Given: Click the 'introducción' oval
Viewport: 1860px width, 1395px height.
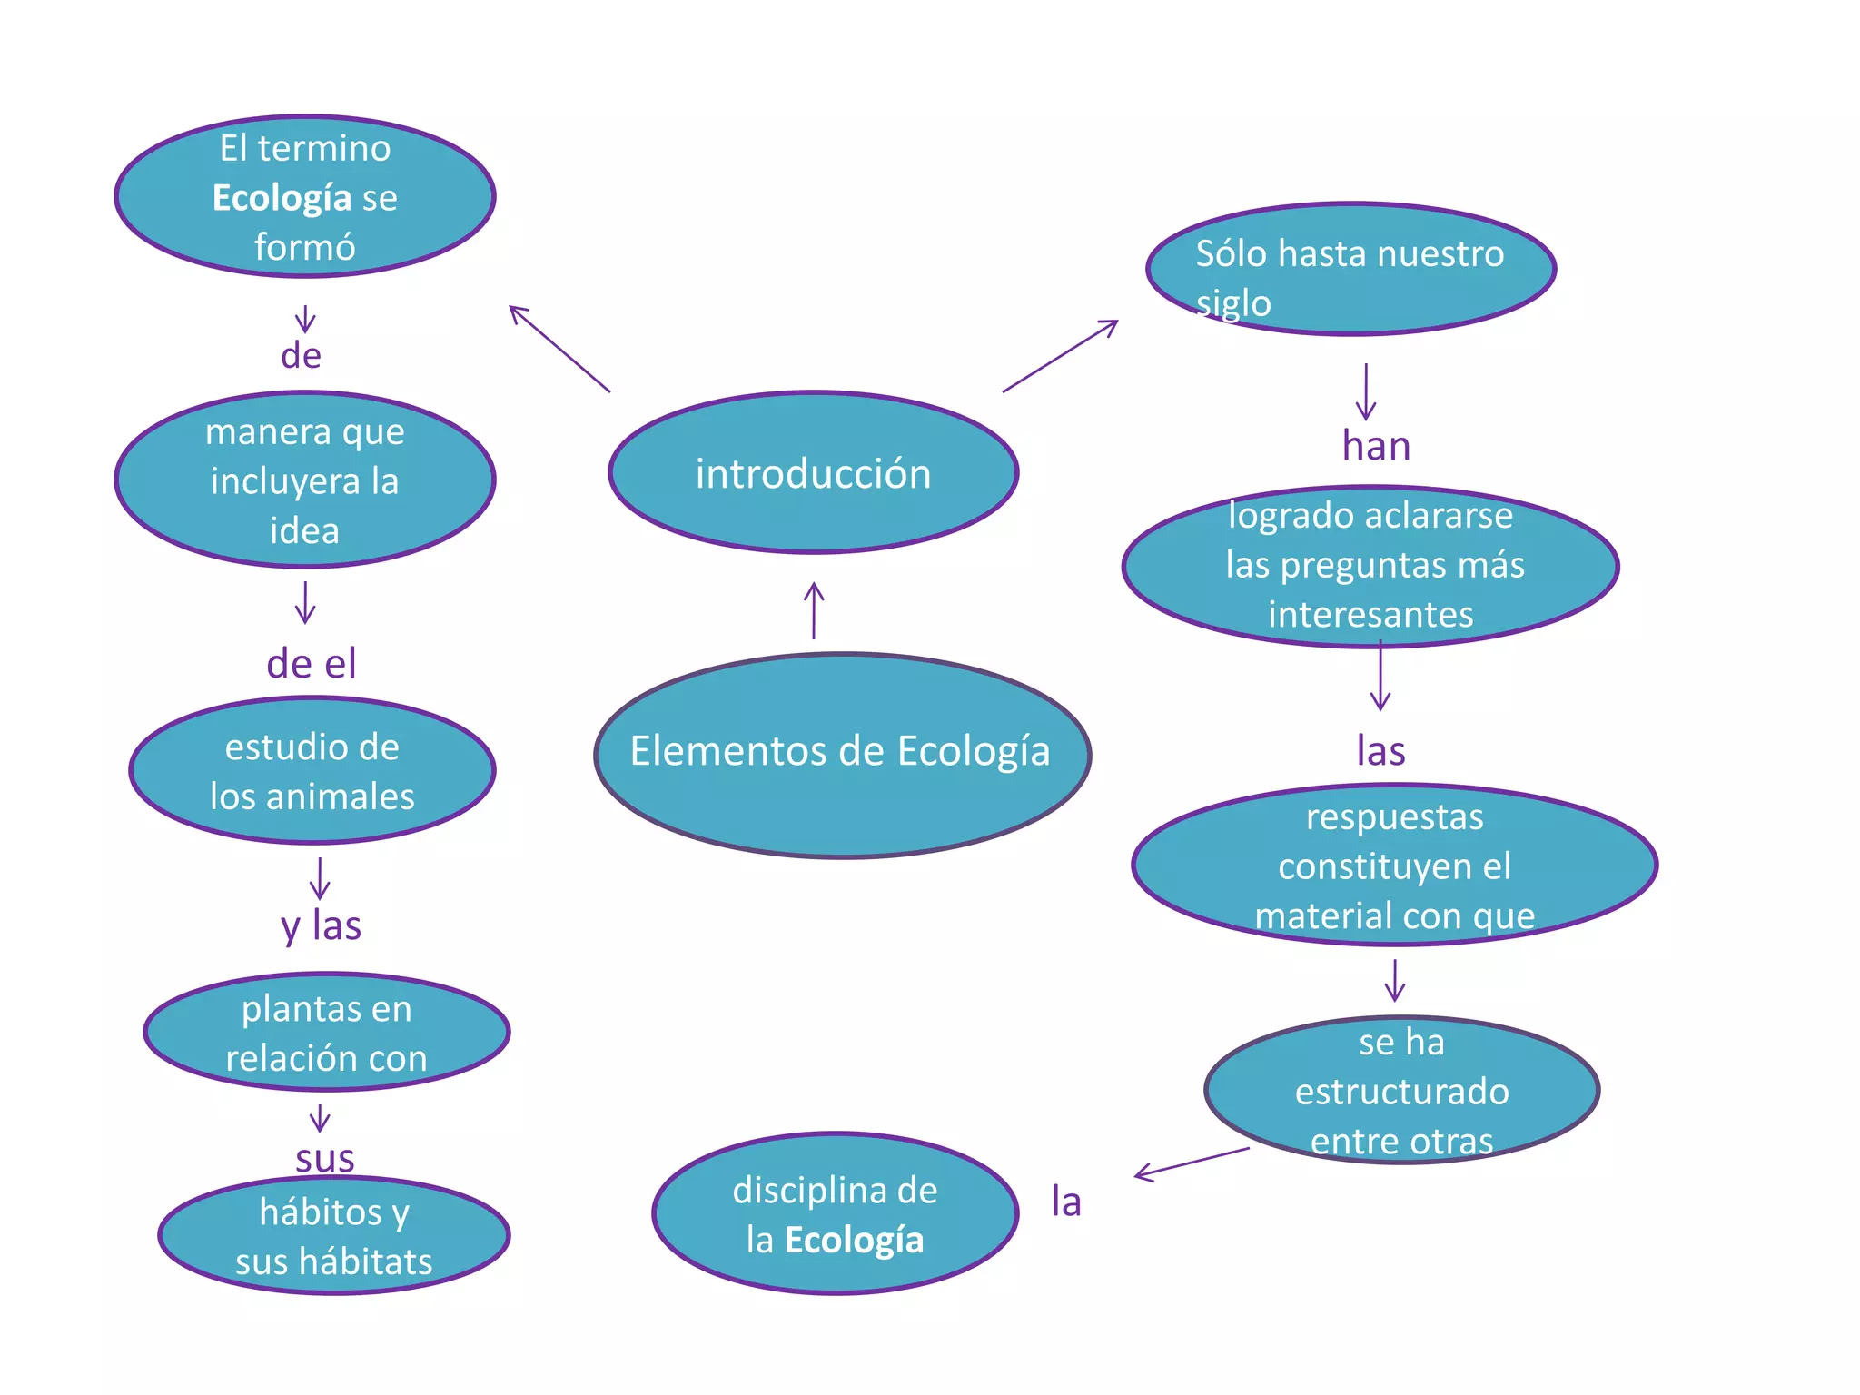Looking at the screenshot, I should click(813, 473).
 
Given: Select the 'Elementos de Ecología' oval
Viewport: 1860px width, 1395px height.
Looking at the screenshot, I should click(842, 755).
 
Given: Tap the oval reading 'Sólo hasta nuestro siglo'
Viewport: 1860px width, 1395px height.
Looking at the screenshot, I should click(1350, 269).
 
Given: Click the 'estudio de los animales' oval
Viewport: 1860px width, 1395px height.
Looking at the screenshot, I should click(312, 771).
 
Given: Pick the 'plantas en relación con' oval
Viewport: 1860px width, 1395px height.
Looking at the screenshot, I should click(326, 1033).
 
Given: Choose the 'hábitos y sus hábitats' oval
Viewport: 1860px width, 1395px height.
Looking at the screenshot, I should click(333, 1236).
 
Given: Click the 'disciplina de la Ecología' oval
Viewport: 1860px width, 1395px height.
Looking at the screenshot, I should click(835, 1214).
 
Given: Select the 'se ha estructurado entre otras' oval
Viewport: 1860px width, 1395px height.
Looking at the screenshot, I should click(1401, 1090).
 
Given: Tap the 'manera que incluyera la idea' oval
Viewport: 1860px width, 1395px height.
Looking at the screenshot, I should click(304, 480).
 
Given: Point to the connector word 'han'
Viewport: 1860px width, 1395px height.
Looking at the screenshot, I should click(1376, 446).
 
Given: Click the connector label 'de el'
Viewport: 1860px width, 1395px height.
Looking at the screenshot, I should click(311, 664).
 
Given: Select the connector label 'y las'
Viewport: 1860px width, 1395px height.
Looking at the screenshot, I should click(321, 925).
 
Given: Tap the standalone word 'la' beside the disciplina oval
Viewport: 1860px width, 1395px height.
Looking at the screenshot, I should click(1066, 1202).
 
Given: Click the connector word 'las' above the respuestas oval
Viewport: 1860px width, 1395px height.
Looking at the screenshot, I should click(1380, 751).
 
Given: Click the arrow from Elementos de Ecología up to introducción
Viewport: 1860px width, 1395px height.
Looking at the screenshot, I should click(814, 610).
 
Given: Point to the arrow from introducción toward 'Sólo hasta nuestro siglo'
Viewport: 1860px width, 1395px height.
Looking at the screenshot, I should click(1060, 356).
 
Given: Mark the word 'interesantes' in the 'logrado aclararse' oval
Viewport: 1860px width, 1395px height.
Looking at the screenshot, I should click(1370, 615).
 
